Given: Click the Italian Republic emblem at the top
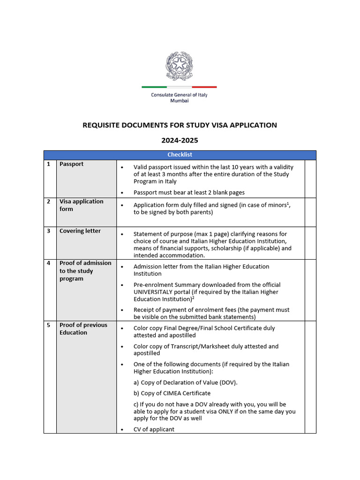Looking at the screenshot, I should [x=179, y=66].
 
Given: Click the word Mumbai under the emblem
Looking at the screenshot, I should [x=179, y=101].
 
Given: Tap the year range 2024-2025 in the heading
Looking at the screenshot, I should [x=180, y=140].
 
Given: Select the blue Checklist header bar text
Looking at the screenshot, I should [x=180, y=155].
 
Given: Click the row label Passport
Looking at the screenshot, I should [x=71, y=164].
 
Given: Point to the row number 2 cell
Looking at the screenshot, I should [x=48, y=202].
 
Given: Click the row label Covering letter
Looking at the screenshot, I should [x=80, y=231].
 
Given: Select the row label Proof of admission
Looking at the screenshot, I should [x=85, y=263].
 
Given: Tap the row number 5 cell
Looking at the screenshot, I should [x=48, y=325].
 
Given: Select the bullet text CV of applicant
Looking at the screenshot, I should [x=154, y=429].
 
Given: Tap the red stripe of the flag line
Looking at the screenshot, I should [x=204, y=87].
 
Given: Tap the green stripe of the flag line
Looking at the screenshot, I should [x=154, y=87].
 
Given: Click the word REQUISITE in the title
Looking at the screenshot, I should [x=101, y=125].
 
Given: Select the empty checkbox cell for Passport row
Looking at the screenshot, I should [x=310, y=178].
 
